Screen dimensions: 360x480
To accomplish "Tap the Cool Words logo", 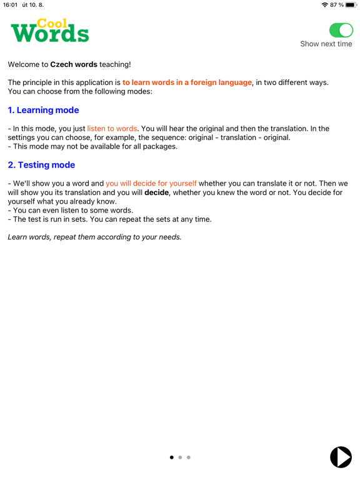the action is [x=50, y=30].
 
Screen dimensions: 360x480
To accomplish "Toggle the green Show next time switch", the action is [x=341, y=30].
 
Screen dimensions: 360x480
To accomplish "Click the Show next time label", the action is [x=326, y=44].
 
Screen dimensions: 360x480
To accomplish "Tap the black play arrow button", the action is [x=341, y=457].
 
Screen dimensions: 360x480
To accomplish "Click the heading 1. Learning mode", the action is [x=43, y=110].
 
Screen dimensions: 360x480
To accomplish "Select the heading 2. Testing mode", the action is [x=41, y=165].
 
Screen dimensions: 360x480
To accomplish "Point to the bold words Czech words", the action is [x=74, y=64].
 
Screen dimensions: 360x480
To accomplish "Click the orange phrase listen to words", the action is [x=112, y=129].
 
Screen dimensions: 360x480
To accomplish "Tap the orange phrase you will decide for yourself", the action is [x=151, y=184].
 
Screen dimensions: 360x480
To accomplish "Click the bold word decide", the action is [x=157, y=193].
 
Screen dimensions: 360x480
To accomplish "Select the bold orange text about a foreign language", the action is [x=187, y=82].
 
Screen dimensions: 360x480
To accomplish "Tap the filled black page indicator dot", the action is [x=172, y=457].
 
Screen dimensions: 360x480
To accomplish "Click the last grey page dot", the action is [x=189, y=457].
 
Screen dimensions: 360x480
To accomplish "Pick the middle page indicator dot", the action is [x=180, y=457].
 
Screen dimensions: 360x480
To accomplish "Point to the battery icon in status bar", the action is [x=351, y=5].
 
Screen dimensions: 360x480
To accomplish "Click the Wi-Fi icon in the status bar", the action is [x=324, y=5].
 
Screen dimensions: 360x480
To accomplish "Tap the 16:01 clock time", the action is [x=10, y=5].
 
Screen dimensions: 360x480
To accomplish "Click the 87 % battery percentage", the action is [x=337, y=5].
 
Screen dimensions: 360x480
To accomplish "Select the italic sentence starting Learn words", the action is [x=94, y=237].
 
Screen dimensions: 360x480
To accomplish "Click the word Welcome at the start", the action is [x=27, y=64].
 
